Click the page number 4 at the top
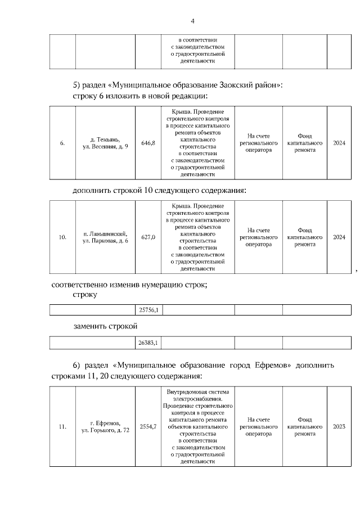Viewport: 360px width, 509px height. point(192,21)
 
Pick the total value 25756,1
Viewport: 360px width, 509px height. point(148,310)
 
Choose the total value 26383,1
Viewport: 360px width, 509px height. point(148,342)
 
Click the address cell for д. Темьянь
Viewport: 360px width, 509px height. point(105,143)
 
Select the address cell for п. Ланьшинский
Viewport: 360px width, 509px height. point(105,237)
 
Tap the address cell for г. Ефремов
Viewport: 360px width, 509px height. point(105,426)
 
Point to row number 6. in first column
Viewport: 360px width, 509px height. point(62,143)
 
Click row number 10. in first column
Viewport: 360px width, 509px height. point(62,237)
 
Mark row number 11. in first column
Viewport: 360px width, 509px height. point(62,426)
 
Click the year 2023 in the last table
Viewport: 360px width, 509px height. point(339,426)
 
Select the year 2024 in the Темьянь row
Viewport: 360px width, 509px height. point(339,143)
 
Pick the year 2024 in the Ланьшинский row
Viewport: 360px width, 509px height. point(339,237)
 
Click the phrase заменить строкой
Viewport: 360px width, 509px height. point(105,326)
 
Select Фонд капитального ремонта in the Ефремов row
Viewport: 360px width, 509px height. point(304,426)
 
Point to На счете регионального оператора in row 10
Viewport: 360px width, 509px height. point(258,237)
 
